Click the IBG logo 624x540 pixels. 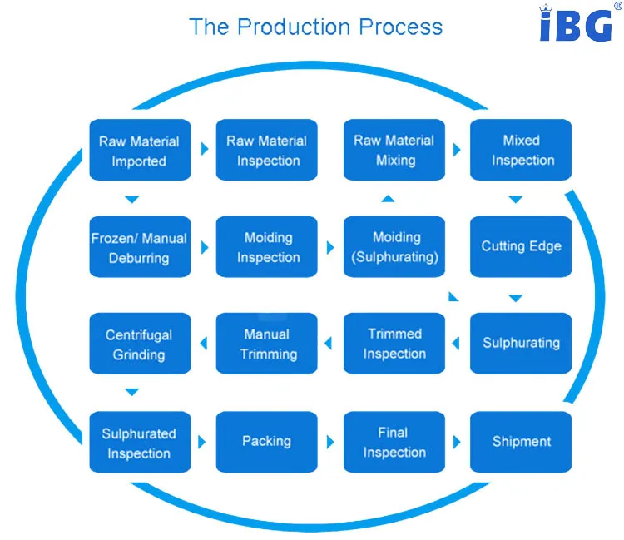pyautogui.click(x=576, y=24)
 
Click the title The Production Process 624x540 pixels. pyautogui.click(x=315, y=27)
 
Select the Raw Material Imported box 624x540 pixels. pyautogui.click(x=139, y=151)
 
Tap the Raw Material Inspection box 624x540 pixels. pyautogui.click(x=266, y=151)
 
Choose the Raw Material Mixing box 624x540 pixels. pyautogui.click(x=394, y=151)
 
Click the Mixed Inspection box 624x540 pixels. pyautogui.click(x=522, y=151)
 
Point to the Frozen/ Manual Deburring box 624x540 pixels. pyautogui.click(x=139, y=247)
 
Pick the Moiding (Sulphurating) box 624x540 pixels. pyautogui.click(x=394, y=247)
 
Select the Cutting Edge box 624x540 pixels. pyautogui.click(x=522, y=247)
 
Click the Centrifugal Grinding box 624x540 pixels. pyautogui.click(x=139, y=344)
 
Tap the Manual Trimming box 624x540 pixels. pyautogui.click(x=266, y=344)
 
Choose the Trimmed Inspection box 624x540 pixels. pyautogui.click(x=394, y=344)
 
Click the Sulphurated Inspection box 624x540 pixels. pyautogui.click(x=139, y=443)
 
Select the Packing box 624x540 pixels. pyautogui.click(x=266, y=442)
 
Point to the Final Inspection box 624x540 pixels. pyautogui.click(x=394, y=443)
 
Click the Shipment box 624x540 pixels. pyautogui.click(x=522, y=443)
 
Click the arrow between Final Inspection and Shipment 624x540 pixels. pyautogui.click(x=457, y=442)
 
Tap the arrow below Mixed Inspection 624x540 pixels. pyautogui.click(x=516, y=200)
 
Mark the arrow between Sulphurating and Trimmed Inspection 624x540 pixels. pyautogui.click(x=456, y=342)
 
